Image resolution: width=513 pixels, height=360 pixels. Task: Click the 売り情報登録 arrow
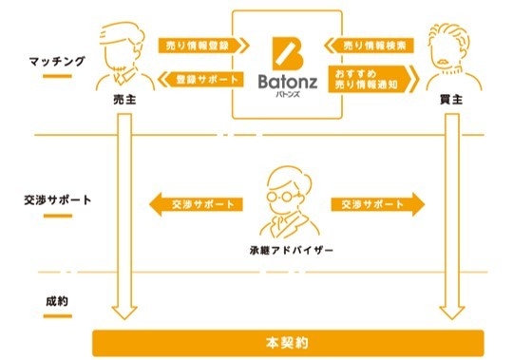tap(202, 44)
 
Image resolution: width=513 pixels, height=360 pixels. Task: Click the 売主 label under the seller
tap(121, 98)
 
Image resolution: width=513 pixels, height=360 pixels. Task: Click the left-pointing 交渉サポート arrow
tap(195, 203)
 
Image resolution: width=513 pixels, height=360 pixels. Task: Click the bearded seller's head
tap(119, 47)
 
